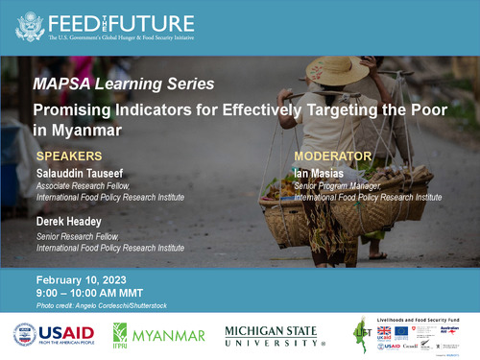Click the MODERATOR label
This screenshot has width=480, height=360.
(331, 156)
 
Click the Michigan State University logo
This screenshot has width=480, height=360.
(277, 336)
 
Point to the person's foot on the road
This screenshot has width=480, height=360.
(378, 255)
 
